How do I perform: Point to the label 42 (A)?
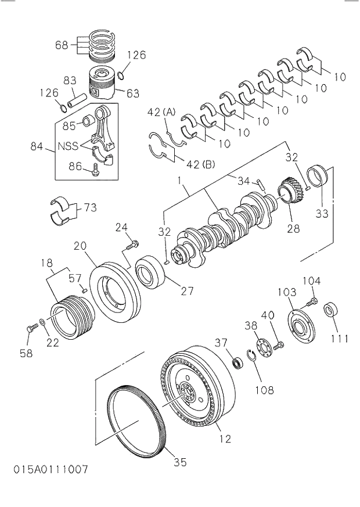tap(161, 112)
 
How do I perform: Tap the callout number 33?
tap(322, 214)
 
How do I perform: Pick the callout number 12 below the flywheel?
tap(225, 439)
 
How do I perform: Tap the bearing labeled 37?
tap(237, 363)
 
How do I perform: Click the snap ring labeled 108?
tap(251, 357)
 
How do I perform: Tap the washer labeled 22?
tap(44, 321)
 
